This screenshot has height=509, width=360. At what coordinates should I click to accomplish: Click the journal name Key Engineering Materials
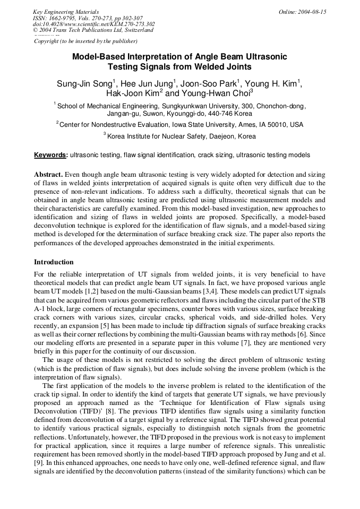(x=65, y=12)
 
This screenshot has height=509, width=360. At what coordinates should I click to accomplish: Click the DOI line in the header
(x=93, y=24)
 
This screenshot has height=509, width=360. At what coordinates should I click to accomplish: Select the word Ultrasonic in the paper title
(x=262, y=56)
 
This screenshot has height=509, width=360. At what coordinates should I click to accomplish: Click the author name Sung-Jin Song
(x=84, y=84)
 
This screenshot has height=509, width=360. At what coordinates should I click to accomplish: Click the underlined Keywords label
(x=50, y=155)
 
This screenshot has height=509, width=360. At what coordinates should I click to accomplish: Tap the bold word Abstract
(x=49, y=174)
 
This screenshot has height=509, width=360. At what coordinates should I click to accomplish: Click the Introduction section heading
(x=54, y=262)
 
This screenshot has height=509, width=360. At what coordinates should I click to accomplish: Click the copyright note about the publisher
(x=85, y=41)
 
